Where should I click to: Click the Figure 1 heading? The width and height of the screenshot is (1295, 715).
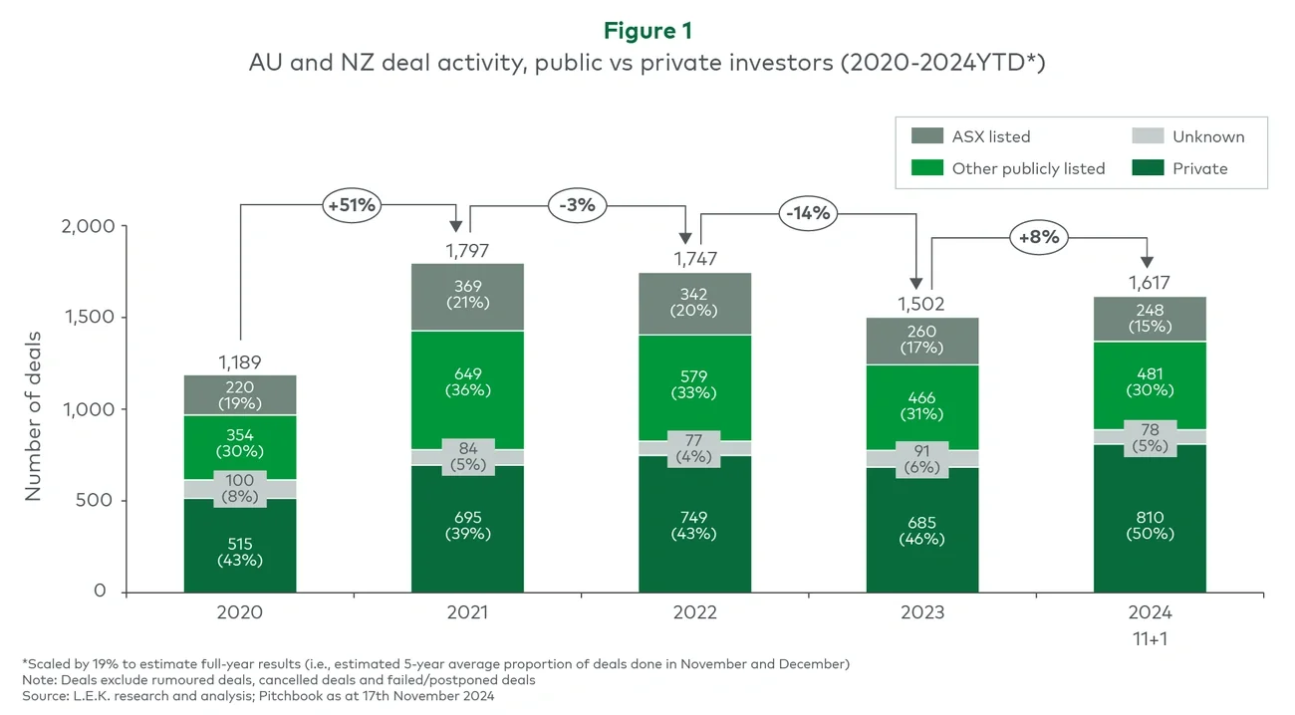coord(647,30)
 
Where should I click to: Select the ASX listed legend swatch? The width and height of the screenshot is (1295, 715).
coord(927,136)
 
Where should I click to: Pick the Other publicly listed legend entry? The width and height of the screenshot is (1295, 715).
coord(1028,168)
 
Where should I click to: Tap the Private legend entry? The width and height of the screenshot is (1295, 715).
coord(1199,168)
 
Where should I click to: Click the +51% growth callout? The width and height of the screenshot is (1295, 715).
coord(352,205)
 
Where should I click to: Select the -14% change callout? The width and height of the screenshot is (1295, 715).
coord(808,212)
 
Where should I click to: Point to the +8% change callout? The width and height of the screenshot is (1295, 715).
coord(1039,237)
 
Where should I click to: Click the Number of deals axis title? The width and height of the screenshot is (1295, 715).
coord(33,409)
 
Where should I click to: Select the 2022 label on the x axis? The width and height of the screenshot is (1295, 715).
coord(694,612)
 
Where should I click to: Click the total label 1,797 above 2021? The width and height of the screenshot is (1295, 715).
coord(467,250)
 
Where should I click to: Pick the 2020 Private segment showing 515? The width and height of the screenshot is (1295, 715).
coord(239,551)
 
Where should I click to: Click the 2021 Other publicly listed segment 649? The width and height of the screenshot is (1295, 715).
coord(467,382)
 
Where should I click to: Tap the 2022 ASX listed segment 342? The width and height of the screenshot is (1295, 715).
coord(694,302)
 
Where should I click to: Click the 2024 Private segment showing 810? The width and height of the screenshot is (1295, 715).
coord(1150,525)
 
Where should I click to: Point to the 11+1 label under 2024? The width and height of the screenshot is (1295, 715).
coord(1150,638)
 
